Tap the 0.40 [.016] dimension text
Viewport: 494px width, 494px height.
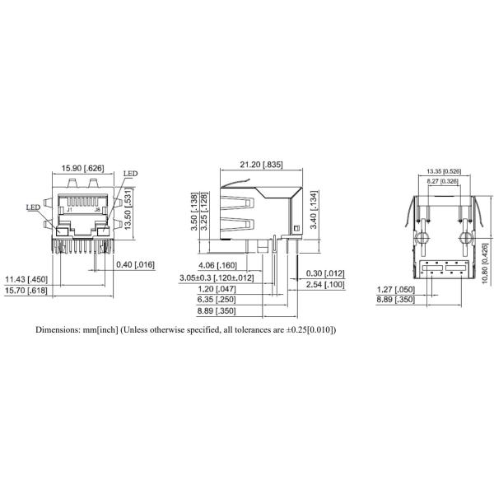coord(137,264)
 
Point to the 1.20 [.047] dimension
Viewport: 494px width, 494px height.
coord(219,290)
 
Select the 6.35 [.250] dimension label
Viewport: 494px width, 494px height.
coord(219,301)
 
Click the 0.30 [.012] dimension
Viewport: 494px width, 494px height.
coord(324,273)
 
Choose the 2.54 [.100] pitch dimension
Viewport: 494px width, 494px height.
coord(324,284)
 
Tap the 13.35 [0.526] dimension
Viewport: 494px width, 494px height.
coord(443,170)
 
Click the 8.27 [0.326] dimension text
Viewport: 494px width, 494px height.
coord(443,181)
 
